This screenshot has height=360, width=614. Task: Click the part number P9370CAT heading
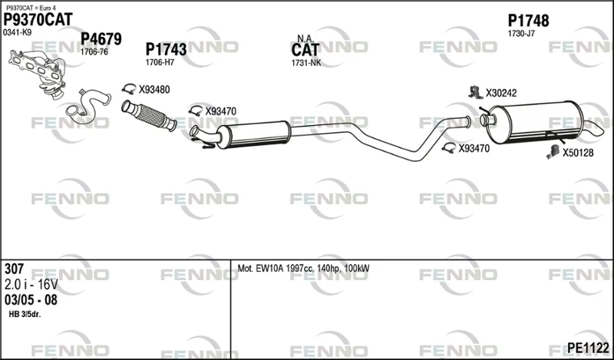point(38,20)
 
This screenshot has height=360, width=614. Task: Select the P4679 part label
point(101,39)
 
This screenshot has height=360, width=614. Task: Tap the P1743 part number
point(166,49)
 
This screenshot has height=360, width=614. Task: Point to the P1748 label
point(528,21)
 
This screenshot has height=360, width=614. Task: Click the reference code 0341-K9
point(17,33)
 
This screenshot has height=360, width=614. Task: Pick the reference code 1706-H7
point(160,62)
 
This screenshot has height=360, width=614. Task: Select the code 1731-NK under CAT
point(305,63)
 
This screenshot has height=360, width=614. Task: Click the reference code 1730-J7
point(521,34)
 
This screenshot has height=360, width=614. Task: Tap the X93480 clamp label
point(154,90)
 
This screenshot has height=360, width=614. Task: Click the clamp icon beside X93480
point(129,89)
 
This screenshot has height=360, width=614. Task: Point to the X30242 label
point(501,93)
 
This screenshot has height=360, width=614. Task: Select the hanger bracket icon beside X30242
point(475,92)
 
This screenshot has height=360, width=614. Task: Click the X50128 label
point(578,153)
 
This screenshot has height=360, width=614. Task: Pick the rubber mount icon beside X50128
point(553,152)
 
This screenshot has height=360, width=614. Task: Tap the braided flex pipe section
point(149,116)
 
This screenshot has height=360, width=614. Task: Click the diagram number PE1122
point(588,348)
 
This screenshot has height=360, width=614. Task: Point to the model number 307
point(14,269)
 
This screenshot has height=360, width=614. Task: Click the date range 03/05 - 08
point(31,300)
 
